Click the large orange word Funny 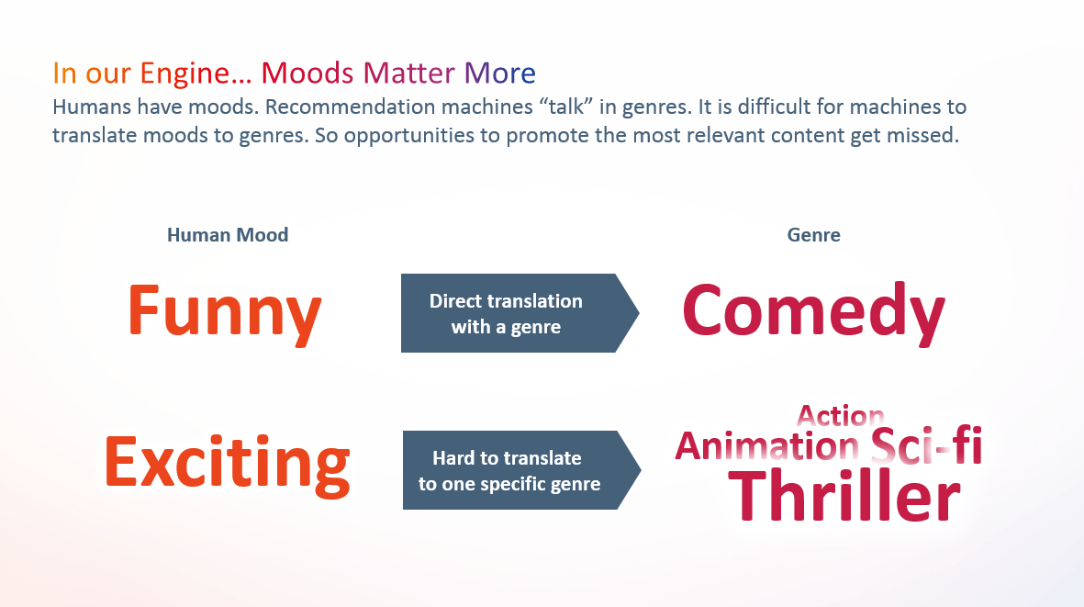click(x=225, y=312)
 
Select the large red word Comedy click(x=813, y=312)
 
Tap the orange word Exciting click(x=227, y=464)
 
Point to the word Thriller click(x=844, y=495)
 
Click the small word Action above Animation click(x=841, y=415)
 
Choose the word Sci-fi click(x=926, y=446)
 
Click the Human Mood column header click(x=228, y=235)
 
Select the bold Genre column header click(x=814, y=235)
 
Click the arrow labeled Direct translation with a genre click(x=520, y=313)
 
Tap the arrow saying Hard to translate click(x=522, y=470)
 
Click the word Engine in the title click(x=184, y=73)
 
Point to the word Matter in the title click(x=408, y=73)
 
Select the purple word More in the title click(x=500, y=73)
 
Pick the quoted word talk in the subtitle click(x=565, y=107)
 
